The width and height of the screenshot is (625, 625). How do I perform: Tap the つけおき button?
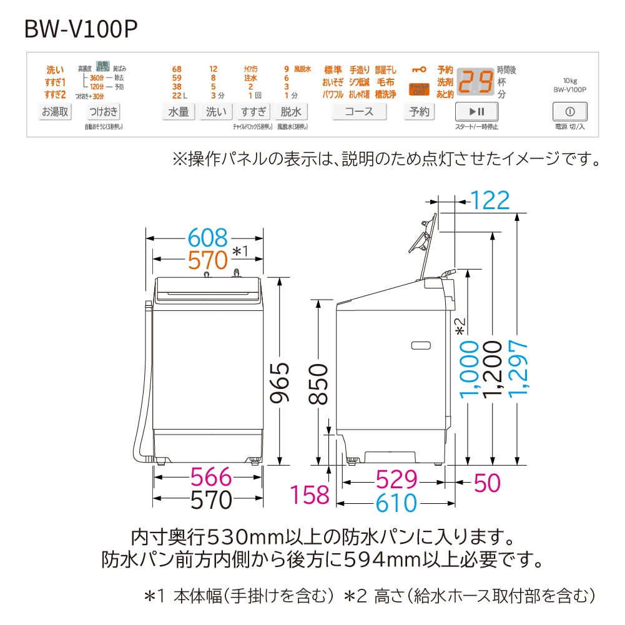[104, 112]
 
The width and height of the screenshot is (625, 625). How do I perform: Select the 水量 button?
[179, 112]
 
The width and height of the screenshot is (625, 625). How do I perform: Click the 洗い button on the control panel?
[216, 112]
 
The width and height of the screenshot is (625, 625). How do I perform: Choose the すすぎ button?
[253, 112]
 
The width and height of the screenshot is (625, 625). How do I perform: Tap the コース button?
[359, 112]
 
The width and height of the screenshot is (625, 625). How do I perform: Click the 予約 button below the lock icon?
[420, 112]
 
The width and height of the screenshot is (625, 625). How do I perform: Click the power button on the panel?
[569, 112]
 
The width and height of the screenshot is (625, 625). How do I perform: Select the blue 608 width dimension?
[209, 238]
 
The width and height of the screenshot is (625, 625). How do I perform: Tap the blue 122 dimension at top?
[490, 200]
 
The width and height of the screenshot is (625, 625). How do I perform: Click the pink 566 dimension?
[211, 478]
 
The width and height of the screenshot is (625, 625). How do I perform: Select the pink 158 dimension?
[310, 495]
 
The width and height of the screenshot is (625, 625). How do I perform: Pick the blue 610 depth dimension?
[396, 502]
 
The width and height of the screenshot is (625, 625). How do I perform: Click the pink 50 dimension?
[487, 481]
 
